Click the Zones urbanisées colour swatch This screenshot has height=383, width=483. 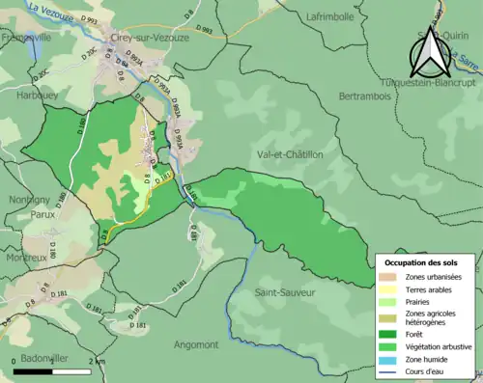click(x=390, y=277)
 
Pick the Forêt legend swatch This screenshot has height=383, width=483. click(x=390, y=334)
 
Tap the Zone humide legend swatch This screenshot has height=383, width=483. click(x=390, y=360)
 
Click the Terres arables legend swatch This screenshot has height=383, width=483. click(x=390, y=289)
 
